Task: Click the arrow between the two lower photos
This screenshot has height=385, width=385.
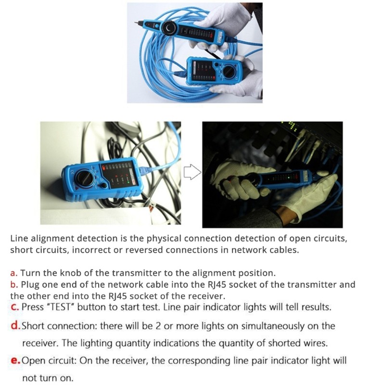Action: coord(192,172)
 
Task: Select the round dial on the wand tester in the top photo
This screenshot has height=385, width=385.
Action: coord(169,28)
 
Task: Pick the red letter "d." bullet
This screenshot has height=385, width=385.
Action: coord(15,326)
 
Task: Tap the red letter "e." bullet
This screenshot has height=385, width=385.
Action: coord(15,360)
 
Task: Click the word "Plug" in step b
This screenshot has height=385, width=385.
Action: coord(30,284)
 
